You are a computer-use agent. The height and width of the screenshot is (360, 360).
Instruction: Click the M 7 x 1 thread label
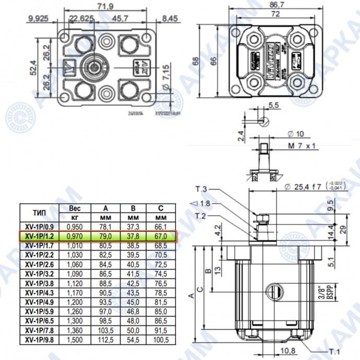tap(303, 146)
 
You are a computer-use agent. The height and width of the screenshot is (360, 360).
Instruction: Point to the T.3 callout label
tap(201, 189)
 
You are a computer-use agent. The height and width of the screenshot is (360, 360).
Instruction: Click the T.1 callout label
tap(333, 351)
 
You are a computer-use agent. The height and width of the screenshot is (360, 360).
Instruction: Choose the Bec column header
tap(75, 208)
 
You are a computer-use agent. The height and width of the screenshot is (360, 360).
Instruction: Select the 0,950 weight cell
tap(75, 226)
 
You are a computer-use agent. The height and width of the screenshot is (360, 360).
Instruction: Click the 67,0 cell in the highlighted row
tap(160, 236)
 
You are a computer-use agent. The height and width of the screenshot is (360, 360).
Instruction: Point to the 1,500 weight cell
tap(75, 339)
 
